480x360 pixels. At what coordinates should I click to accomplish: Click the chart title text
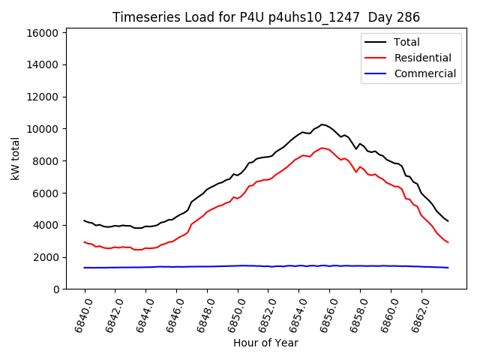265,17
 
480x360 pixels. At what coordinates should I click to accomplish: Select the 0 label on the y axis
56,289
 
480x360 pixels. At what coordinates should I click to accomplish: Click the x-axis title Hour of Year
265,343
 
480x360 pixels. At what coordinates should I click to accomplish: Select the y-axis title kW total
15,159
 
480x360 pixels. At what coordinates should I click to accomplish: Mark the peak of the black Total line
322,124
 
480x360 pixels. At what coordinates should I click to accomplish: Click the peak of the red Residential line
322,148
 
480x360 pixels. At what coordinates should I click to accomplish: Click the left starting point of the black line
85,220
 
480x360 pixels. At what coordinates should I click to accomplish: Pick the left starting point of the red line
85,241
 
